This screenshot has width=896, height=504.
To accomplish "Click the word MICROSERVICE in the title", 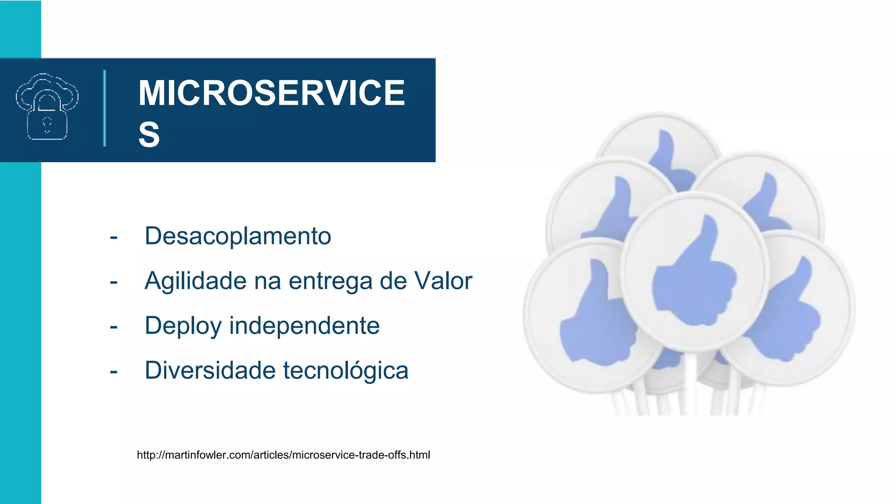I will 271,93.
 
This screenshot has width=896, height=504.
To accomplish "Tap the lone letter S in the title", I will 149,134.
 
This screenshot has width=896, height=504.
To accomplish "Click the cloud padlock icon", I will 47,107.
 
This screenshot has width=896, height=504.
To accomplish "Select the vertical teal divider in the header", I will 105,108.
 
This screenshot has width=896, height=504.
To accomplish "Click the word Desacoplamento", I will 238,236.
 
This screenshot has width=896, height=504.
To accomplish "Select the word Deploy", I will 183,326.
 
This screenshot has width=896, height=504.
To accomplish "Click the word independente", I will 304,325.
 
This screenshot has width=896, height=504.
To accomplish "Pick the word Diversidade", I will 210,371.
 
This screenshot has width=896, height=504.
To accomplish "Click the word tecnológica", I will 346,371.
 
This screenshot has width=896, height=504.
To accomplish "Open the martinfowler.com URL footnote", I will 283,455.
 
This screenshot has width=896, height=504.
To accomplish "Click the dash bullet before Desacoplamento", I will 114,238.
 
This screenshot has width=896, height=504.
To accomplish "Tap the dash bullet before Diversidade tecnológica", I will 114,372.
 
